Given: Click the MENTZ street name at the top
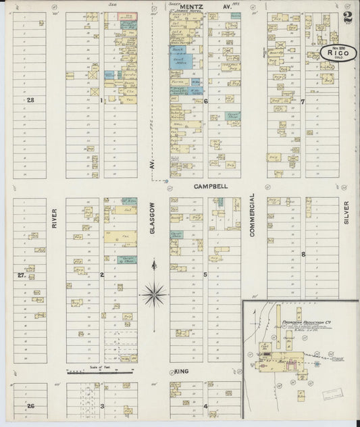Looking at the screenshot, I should click(x=188, y=6).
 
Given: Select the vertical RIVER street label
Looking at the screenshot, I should click(x=54, y=218).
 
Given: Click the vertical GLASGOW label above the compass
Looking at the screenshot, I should click(x=153, y=219).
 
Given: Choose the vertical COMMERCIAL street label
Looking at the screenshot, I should click(x=253, y=215).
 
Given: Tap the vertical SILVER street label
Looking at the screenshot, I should click(x=346, y=212).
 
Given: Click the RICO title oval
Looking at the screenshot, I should click(x=338, y=53).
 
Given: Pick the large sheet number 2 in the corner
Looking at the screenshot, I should click(x=348, y=18).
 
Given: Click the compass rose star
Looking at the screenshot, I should click(x=154, y=293).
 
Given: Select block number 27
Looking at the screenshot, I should click(x=21, y=275).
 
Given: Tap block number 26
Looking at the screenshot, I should click(x=30, y=405).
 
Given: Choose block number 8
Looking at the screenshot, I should click(x=303, y=254).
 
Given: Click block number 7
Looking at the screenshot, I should click(x=303, y=102).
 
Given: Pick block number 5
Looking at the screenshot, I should click(x=205, y=274).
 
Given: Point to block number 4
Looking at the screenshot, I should click(x=205, y=406).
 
